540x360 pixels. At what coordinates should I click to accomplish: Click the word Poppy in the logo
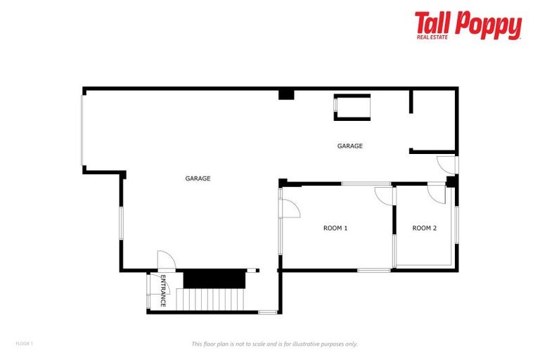click(x=487, y=25)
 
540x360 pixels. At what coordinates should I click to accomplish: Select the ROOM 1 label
click(x=335, y=228)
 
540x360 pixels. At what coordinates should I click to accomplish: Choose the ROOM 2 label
click(x=425, y=228)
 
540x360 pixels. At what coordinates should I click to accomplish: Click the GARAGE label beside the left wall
click(x=198, y=179)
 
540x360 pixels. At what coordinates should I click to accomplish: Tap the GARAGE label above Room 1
click(x=349, y=146)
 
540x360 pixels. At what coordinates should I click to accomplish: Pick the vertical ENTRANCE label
click(x=162, y=291)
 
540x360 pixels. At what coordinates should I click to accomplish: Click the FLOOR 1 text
click(x=24, y=343)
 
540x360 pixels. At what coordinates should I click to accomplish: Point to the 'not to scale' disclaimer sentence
click(x=275, y=344)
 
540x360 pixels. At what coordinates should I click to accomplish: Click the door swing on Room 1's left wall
click(x=290, y=209)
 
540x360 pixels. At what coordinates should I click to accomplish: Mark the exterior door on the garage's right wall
click(x=446, y=165)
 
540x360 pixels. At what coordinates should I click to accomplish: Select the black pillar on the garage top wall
click(x=286, y=94)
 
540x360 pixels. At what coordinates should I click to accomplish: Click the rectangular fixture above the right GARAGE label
click(x=352, y=108)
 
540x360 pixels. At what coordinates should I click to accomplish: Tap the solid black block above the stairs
click(x=214, y=278)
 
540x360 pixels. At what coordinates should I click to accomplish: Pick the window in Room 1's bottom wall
click(x=374, y=270)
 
